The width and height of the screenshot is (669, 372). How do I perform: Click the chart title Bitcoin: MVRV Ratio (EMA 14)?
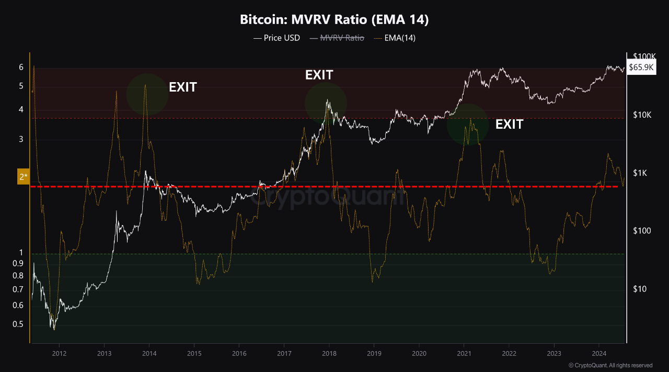coord(334,20)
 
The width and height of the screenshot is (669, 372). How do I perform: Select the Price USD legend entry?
coord(276,38)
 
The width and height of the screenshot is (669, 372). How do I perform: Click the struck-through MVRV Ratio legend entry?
coord(337,38)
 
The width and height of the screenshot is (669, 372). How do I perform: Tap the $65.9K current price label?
coord(641,67)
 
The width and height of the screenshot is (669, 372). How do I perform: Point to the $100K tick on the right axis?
coord(644,57)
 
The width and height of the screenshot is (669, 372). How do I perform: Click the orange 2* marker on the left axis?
coord(24,176)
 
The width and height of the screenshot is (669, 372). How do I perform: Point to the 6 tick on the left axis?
coord(21,67)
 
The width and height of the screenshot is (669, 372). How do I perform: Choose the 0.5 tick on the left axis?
coord(18,324)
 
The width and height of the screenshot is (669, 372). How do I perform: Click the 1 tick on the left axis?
coord(21,253)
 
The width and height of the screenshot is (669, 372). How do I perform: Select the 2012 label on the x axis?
coord(59,353)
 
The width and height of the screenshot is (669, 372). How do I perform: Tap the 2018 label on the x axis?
coord(329,353)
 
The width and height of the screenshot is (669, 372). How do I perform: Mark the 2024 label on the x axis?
coord(599,353)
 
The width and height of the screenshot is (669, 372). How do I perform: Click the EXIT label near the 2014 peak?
coord(182,87)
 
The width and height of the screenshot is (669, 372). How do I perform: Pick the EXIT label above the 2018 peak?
coord(319,75)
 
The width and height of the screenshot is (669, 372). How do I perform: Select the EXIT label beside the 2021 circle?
coord(509,125)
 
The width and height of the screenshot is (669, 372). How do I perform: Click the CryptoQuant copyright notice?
coord(610,365)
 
